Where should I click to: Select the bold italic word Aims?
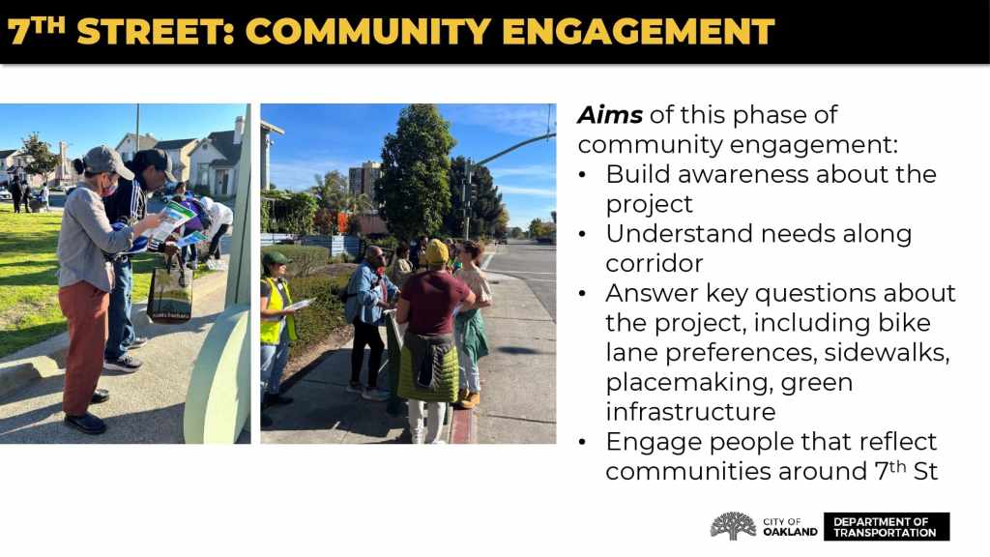point(610,115)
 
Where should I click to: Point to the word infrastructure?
point(690,412)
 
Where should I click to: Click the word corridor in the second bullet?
point(655,263)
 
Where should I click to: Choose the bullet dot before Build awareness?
point(582,176)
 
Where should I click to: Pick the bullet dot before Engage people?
point(582,443)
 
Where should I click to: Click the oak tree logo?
point(733,526)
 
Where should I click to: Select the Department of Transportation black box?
point(887,527)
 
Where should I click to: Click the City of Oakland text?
point(790,527)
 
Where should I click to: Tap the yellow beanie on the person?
point(436,251)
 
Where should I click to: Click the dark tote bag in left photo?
point(169,293)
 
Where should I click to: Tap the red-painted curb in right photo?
point(463,425)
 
